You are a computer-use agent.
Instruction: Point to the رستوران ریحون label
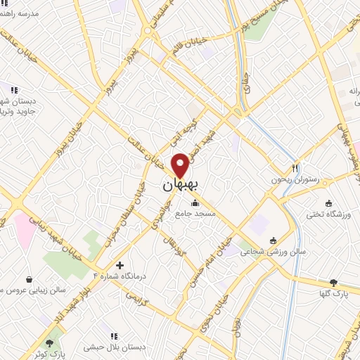(x=295, y=180)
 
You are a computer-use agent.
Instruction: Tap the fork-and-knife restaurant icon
(x=295, y=168)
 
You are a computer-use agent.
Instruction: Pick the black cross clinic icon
(x=120, y=266)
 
